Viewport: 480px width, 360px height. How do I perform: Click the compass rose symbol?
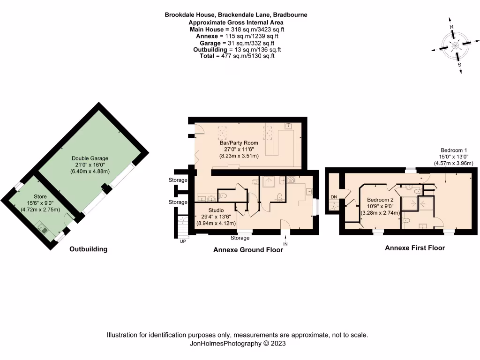(455, 45)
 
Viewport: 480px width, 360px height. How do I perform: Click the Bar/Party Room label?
(239, 142)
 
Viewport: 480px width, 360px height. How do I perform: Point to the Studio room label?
(216, 210)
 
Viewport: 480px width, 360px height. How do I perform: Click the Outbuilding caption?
(88, 249)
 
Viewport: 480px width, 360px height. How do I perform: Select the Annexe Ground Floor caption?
(248, 250)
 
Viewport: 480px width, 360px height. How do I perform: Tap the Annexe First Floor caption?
(415, 247)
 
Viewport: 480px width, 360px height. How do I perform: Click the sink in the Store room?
(43, 229)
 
